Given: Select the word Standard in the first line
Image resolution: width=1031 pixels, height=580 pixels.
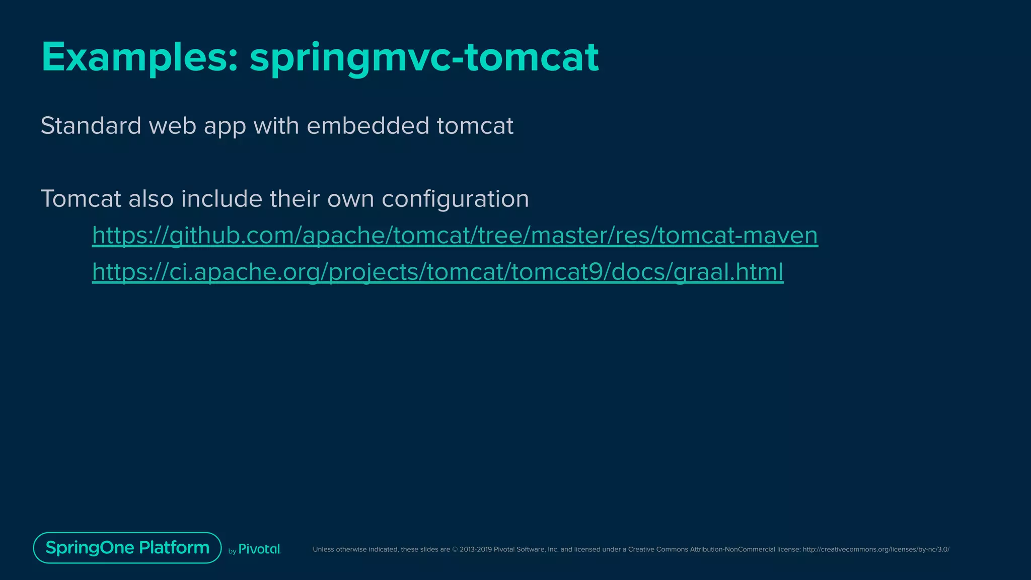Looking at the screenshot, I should click(91, 125).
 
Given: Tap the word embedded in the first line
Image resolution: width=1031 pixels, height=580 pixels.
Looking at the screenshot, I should click(367, 125).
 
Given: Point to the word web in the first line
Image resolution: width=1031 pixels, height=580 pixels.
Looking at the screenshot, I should click(172, 125).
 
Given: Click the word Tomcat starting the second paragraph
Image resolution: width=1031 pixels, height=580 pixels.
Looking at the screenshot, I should click(81, 198).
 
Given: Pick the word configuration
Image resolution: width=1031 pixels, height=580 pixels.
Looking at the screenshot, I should click(455, 198).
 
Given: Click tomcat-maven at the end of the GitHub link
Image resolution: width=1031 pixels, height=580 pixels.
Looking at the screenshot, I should click(738, 235).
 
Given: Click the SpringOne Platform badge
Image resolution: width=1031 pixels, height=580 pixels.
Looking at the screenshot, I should click(127, 547).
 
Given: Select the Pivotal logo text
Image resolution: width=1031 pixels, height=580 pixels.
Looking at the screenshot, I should click(259, 549).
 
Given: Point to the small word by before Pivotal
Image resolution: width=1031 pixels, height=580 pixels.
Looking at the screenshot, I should click(232, 551).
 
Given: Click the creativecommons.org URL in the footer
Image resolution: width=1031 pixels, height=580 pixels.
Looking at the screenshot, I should click(876, 549).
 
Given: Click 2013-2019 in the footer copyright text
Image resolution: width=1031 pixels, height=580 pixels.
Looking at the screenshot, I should click(475, 549).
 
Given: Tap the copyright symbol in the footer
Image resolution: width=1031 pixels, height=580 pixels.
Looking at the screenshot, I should click(455, 549).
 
